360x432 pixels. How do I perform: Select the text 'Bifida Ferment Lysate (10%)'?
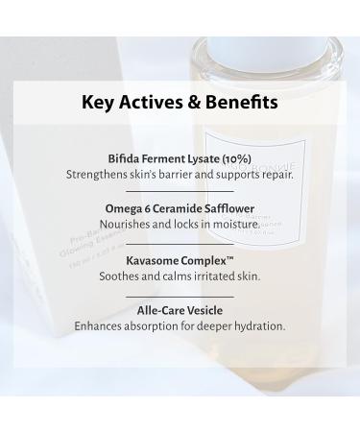pos(180,158)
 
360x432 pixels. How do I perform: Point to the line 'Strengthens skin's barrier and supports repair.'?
pos(180,175)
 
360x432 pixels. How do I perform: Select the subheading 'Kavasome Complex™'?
pos(180,259)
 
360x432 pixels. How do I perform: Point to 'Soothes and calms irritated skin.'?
pos(180,276)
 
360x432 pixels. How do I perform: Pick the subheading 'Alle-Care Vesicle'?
pos(180,309)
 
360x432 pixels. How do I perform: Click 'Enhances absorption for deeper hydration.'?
pos(180,325)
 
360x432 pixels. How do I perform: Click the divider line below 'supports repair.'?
pos(180,192)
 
